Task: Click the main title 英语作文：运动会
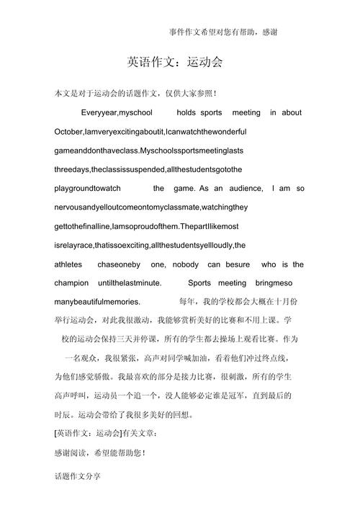coord(180,62)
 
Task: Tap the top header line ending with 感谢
coord(224,32)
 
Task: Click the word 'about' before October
coord(292,113)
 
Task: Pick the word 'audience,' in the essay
coord(242,189)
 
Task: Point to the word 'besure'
coord(238,264)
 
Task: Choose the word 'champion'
coord(71,283)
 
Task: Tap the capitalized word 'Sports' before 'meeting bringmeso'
coord(199,283)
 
